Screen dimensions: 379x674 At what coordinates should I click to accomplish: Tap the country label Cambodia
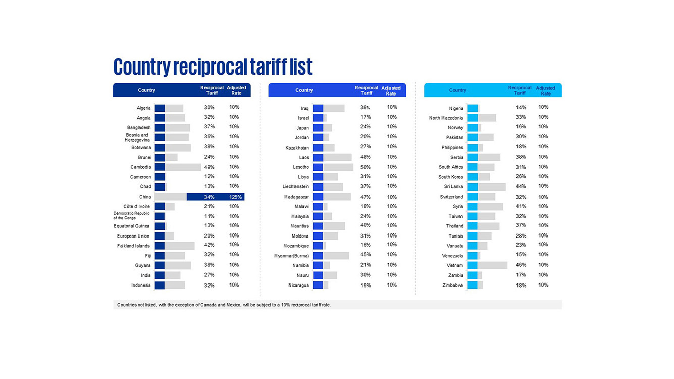click(x=140, y=167)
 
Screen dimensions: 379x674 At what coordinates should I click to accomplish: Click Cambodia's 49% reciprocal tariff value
click(x=209, y=167)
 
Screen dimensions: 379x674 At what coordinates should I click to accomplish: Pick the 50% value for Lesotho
click(x=365, y=167)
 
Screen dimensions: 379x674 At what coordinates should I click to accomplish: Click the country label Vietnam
click(x=454, y=265)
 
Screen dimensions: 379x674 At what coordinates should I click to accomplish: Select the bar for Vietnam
click(x=487, y=265)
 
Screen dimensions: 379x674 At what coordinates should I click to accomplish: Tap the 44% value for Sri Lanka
click(x=521, y=186)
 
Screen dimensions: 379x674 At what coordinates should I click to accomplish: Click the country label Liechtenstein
click(x=295, y=187)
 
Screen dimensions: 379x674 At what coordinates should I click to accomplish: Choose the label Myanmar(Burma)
click(x=291, y=256)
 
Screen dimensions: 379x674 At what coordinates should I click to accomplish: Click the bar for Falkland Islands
click(x=174, y=246)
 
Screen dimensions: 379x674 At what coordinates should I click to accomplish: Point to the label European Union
click(x=133, y=236)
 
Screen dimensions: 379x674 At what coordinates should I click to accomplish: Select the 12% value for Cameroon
click(x=209, y=177)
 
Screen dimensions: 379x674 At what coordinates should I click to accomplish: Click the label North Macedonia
click(x=446, y=118)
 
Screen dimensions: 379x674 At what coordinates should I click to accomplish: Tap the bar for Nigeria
click(x=473, y=108)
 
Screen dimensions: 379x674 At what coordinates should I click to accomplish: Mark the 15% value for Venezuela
click(x=521, y=255)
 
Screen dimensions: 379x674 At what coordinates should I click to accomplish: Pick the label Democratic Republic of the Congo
click(x=131, y=216)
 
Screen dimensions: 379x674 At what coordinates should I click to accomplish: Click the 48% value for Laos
click(x=365, y=157)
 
